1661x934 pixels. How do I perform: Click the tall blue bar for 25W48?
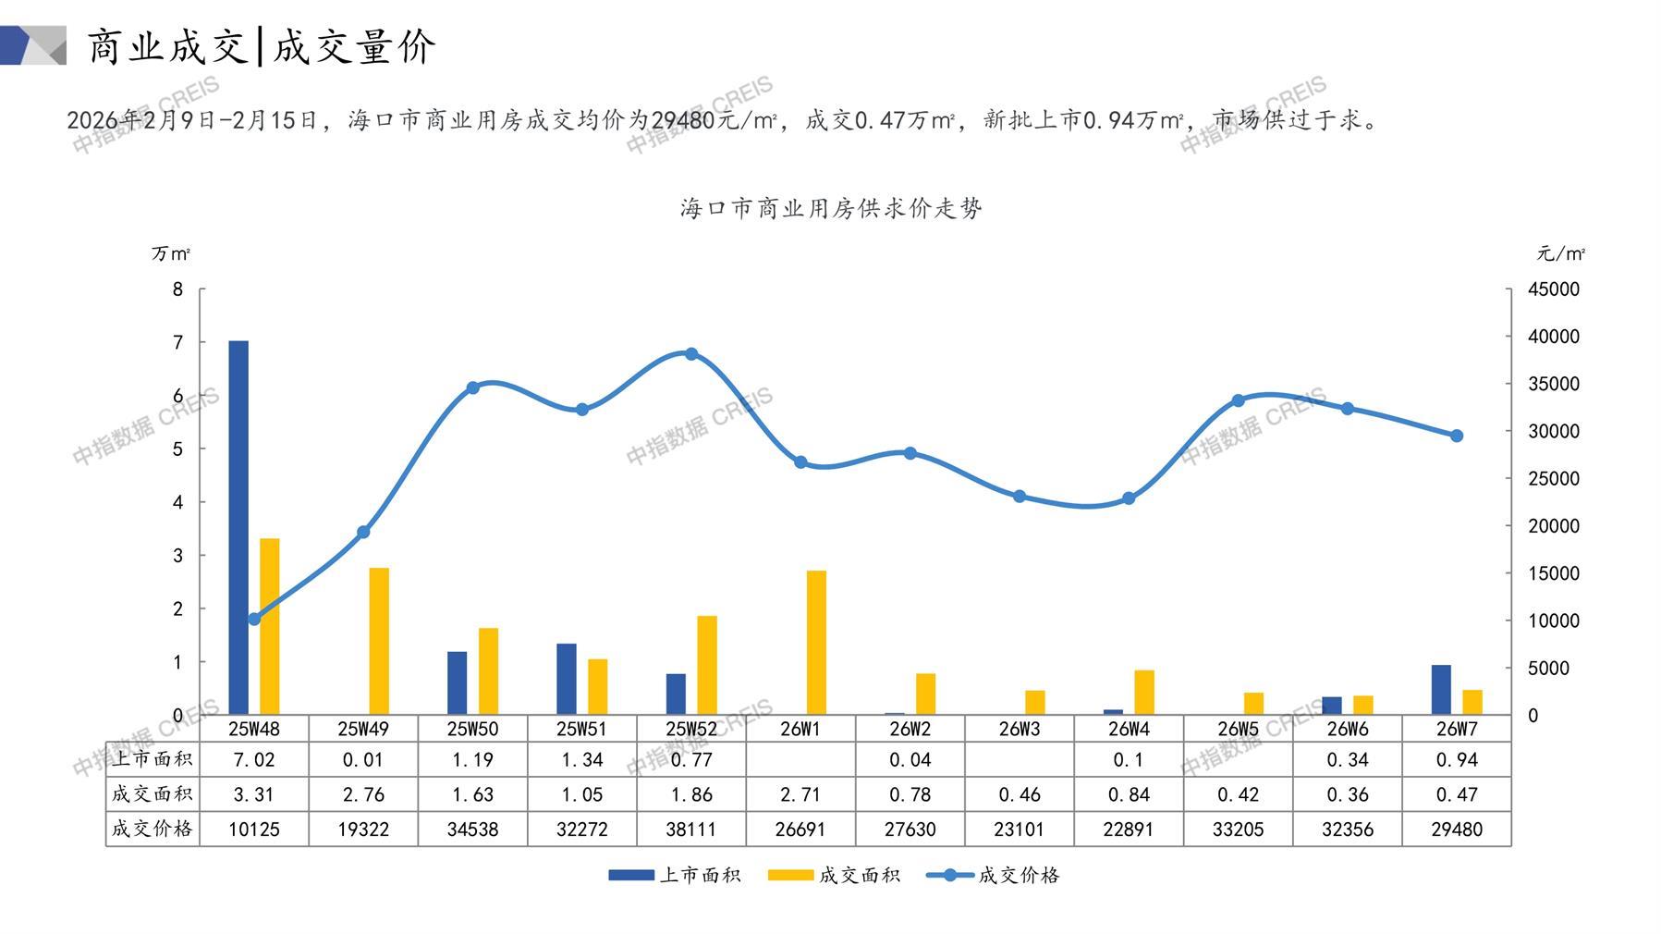point(238,527)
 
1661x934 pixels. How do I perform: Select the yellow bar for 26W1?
point(816,643)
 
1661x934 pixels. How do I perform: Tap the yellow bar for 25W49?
point(379,641)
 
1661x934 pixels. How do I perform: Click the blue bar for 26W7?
point(1441,690)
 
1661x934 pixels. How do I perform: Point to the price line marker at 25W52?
point(691,354)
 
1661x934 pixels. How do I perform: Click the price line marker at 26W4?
point(1129,498)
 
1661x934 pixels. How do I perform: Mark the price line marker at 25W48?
point(254,619)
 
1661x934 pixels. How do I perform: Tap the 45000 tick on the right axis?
point(1554,289)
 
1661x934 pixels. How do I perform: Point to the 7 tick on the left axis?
point(178,342)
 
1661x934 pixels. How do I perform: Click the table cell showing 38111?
point(691,830)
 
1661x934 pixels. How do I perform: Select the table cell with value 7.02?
point(254,760)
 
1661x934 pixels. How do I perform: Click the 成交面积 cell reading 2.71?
point(800,794)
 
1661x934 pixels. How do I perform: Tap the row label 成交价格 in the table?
point(153,830)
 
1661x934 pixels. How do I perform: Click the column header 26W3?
point(1020,729)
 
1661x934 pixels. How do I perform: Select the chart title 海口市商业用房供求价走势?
point(831,208)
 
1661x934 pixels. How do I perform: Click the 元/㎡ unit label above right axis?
point(1561,253)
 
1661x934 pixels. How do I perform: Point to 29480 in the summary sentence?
point(681,120)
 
